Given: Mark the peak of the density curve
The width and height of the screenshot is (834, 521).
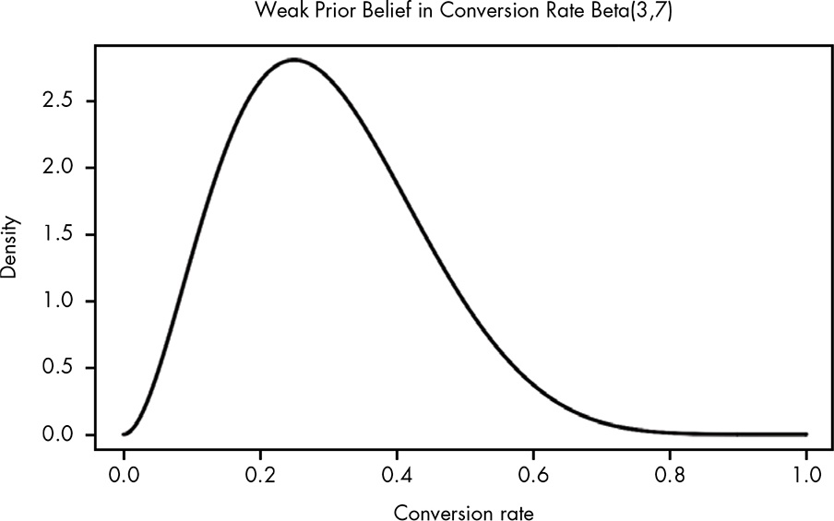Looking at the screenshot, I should point(294,60).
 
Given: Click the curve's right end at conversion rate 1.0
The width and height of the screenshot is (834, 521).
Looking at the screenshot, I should point(806,434).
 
